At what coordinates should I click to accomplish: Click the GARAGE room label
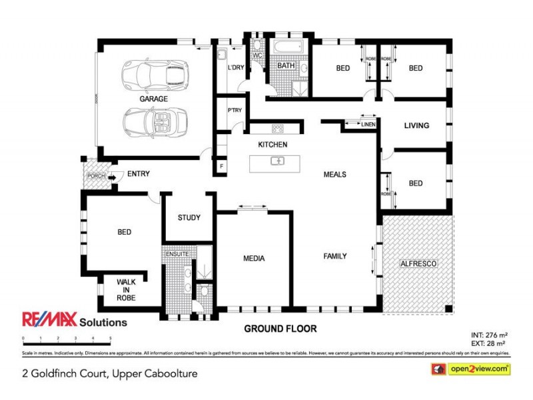click(x=153, y=99)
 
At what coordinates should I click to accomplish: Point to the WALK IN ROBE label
click(x=126, y=290)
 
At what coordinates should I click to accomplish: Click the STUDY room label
click(x=189, y=218)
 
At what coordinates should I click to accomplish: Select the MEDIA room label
click(x=254, y=259)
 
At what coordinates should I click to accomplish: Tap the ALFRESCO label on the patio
click(x=418, y=265)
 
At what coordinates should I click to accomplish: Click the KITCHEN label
click(x=272, y=145)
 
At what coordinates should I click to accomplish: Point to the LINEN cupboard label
click(x=368, y=124)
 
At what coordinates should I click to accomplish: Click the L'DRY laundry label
click(x=235, y=68)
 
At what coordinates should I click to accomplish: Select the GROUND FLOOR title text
click(x=280, y=329)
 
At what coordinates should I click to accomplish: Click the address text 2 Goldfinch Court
click(x=111, y=374)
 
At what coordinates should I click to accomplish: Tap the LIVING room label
click(x=416, y=125)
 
